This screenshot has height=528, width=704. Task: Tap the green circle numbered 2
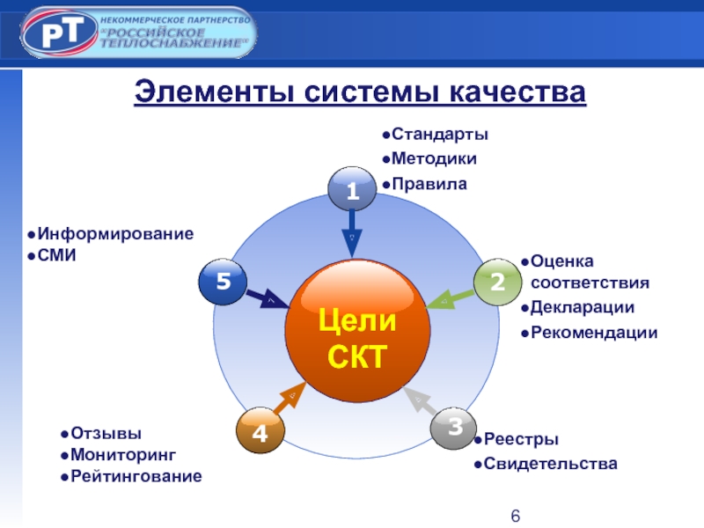click(x=497, y=282)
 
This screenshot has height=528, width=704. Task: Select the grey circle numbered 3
click(x=454, y=429)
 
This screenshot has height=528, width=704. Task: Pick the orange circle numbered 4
click(x=260, y=432)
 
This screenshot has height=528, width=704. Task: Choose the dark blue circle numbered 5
click(x=223, y=282)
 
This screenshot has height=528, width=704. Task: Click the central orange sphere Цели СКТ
click(x=357, y=333)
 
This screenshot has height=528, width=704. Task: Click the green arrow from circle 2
click(x=449, y=299)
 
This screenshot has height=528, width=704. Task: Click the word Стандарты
click(x=439, y=135)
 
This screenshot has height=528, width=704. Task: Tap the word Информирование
click(x=114, y=234)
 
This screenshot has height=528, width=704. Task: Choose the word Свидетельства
click(x=551, y=464)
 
